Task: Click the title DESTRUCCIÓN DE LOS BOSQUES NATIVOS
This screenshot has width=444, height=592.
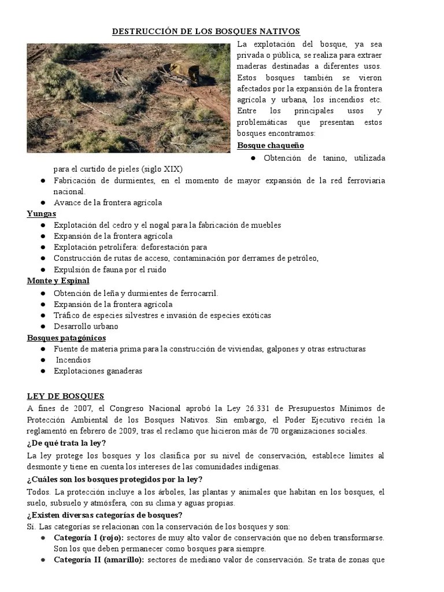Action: tap(206, 31)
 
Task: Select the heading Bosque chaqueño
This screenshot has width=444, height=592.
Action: tap(271, 145)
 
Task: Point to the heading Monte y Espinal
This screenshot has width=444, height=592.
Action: tap(58, 281)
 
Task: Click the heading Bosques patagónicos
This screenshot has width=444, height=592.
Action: tap(66, 338)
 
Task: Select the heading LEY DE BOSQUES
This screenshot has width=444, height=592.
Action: tap(65, 396)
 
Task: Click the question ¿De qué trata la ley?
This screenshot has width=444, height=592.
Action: tap(66, 443)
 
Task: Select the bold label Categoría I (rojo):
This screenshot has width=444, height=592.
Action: tap(88, 538)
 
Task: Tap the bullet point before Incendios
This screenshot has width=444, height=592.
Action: tap(43, 360)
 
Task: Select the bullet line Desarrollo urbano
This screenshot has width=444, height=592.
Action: tap(86, 327)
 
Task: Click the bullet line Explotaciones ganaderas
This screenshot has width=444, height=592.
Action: tap(98, 371)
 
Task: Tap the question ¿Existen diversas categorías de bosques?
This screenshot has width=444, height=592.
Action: tap(105, 515)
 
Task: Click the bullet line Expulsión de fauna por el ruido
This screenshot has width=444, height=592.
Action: tap(110, 270)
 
